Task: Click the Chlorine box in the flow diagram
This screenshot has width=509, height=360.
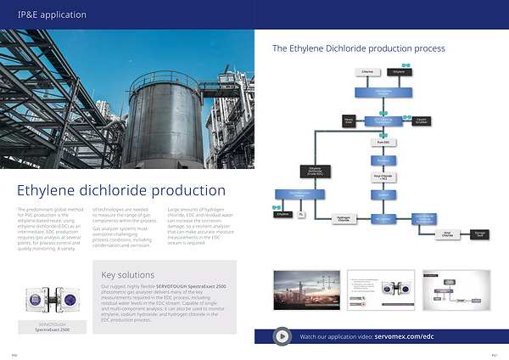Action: click(367, 72)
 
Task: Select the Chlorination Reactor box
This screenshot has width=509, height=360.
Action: click(383, 91)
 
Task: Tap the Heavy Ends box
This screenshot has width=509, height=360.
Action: click(348, 121)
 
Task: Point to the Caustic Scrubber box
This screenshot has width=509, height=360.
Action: click(422, 121)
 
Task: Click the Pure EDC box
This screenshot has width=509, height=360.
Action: click(383, 142)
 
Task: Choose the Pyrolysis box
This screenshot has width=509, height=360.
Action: click(383, 160)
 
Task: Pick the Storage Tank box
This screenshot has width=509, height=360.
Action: click(480, 232)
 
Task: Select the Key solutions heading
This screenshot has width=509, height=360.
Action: click(127, 274)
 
